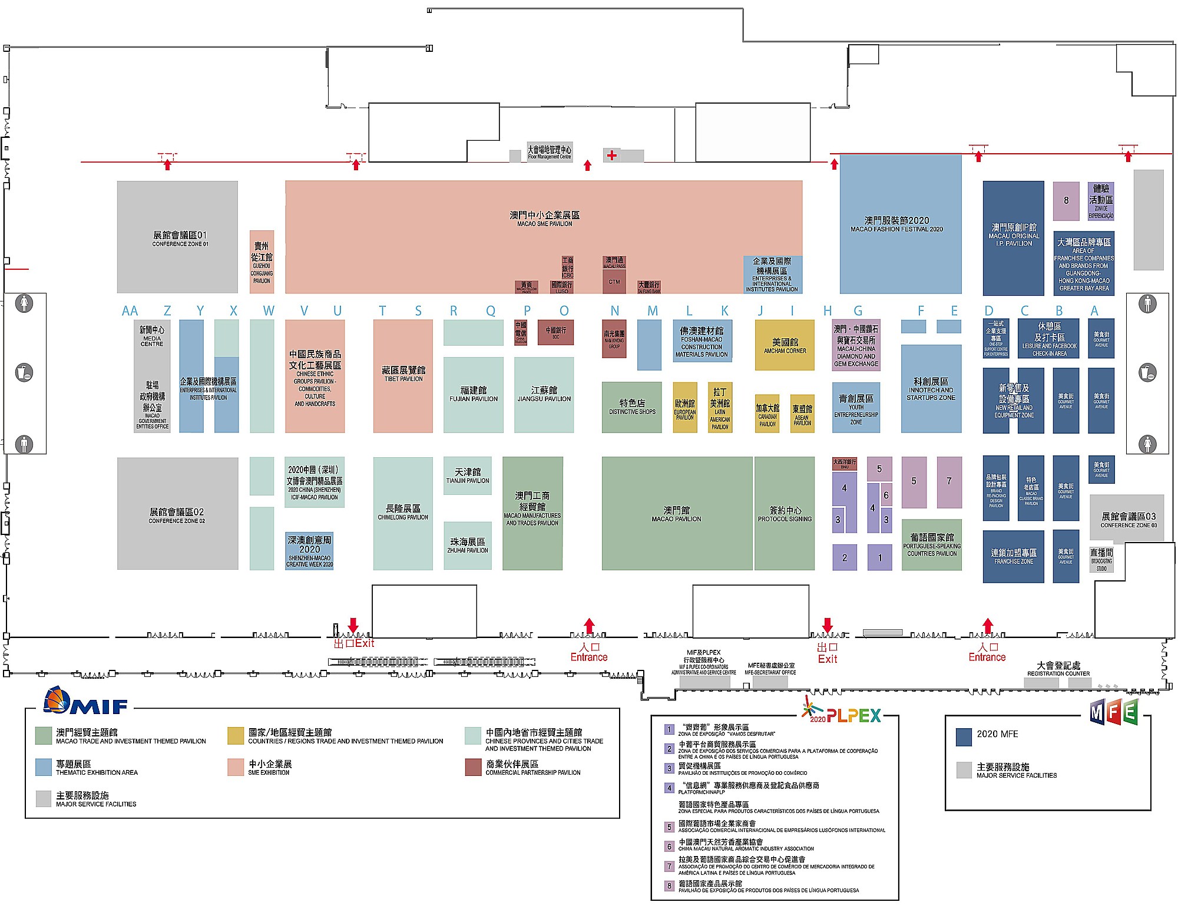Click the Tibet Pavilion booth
coord(403,375)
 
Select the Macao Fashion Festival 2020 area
coord(900,224)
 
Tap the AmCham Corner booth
coord(785,345)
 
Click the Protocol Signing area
coord(785,513)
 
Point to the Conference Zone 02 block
coord(177,514)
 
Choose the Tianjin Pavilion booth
coord(468,475)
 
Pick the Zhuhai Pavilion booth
coord(468,545)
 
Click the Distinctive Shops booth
coord(631,407)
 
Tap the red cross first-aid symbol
coord(612,156)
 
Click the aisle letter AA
coord(130,311)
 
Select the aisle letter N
coord(614,311)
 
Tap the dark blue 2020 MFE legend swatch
coord(964,736)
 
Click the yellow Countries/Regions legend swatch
coord(236,736)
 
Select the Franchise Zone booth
coord(1013,557)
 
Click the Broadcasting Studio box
coord(1101,559)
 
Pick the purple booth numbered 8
coord(1066,200)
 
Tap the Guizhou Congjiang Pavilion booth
coord(262,262)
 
